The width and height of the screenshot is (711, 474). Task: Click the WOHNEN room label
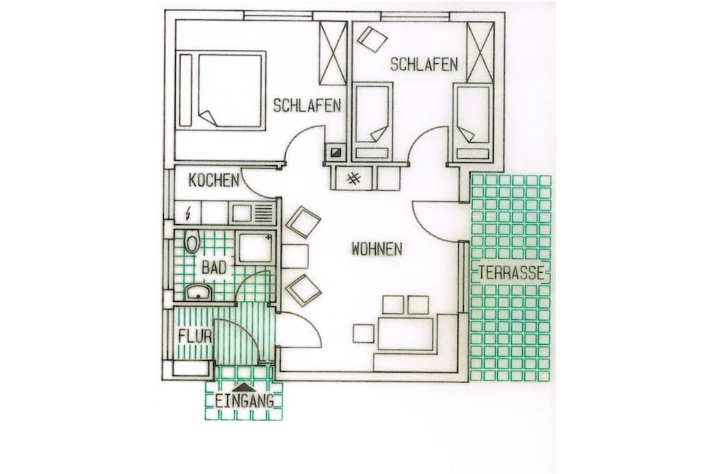[377, 248]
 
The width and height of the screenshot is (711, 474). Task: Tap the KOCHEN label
[214, 180]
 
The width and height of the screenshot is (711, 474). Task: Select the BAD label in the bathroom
[214, 268]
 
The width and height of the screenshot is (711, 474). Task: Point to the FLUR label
[195, 336]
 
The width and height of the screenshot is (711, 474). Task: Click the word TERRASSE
[512, 273]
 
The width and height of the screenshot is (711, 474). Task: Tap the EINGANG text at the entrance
[244, 401]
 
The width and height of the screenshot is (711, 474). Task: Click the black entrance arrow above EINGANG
[244, 387]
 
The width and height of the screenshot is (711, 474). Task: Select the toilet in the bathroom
[192, 241]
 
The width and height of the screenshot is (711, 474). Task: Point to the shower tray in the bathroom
[255, 248]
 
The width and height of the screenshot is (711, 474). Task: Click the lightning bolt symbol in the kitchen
[188, 213]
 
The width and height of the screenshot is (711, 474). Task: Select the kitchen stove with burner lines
[252, 213]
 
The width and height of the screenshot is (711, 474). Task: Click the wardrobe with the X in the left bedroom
[333, 53]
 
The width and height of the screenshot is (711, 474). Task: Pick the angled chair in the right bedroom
[372, 39]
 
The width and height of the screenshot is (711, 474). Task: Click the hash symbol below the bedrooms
[353, 178]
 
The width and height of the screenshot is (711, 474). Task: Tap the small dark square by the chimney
[336, 153]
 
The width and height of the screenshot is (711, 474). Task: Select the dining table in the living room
[405, 334]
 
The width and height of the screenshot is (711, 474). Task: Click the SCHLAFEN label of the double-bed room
[307, 105]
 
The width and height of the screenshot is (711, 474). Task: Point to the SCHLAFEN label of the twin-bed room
[424, 65]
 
